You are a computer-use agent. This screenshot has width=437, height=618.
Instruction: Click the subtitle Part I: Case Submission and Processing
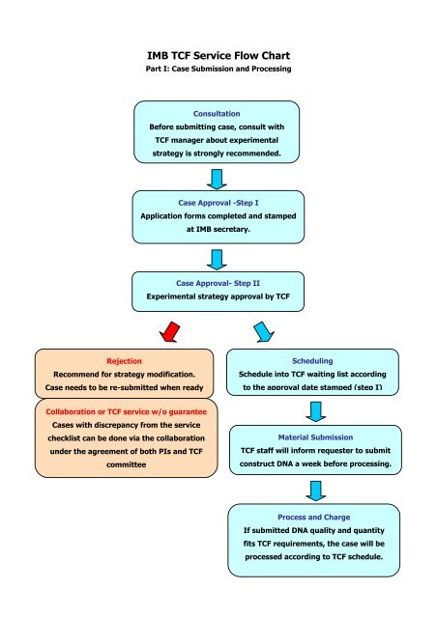click(x=218, y=73)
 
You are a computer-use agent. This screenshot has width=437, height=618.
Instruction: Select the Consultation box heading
click(x=218, y=114)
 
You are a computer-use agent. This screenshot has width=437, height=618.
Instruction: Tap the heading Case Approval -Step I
click(x=218, y=204)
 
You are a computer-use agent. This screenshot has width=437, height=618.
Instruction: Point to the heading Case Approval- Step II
click(x=218, y=283)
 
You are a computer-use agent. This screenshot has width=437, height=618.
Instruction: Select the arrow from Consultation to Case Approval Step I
click(x=218, y=179)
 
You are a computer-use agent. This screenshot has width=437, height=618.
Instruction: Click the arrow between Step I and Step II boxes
click(x=218, y=258)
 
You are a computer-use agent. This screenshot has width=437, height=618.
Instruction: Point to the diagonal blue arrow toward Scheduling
click(x=262, y=331)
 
